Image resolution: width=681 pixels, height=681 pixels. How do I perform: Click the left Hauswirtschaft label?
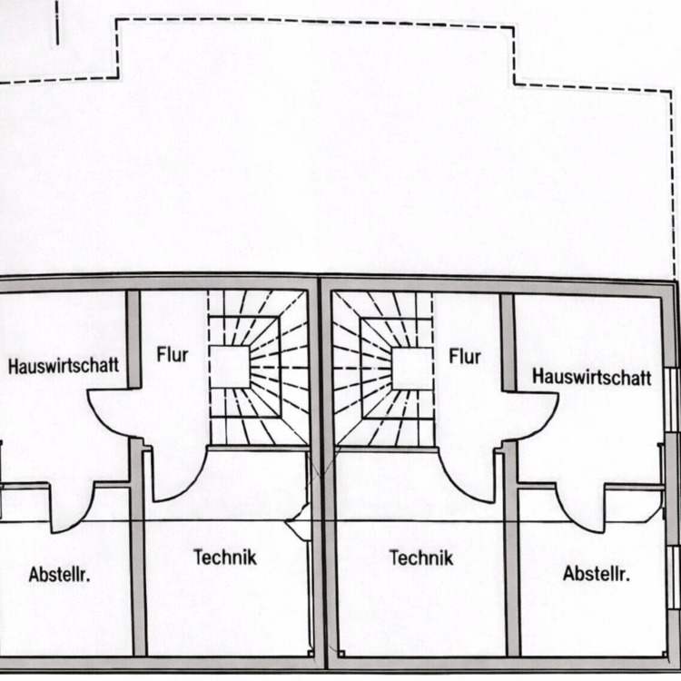64,365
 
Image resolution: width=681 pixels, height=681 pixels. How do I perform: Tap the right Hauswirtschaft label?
592,377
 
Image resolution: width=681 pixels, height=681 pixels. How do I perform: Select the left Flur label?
173,355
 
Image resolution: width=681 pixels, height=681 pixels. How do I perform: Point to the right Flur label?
465,356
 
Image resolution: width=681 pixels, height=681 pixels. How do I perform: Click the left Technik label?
225,558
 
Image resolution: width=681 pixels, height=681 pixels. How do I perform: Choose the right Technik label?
420,558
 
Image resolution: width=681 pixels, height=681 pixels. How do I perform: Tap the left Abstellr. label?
60,574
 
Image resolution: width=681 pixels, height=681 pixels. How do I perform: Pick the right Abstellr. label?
597,574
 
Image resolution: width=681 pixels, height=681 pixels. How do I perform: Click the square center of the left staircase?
230,367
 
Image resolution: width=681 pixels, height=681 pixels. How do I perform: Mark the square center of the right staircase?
412,369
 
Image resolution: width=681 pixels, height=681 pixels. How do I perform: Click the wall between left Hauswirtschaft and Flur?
133,340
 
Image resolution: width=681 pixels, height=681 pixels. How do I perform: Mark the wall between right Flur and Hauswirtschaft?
508,342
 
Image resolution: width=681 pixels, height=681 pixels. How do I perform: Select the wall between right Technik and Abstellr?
512,549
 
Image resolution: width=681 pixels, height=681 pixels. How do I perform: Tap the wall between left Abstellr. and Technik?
139,548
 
